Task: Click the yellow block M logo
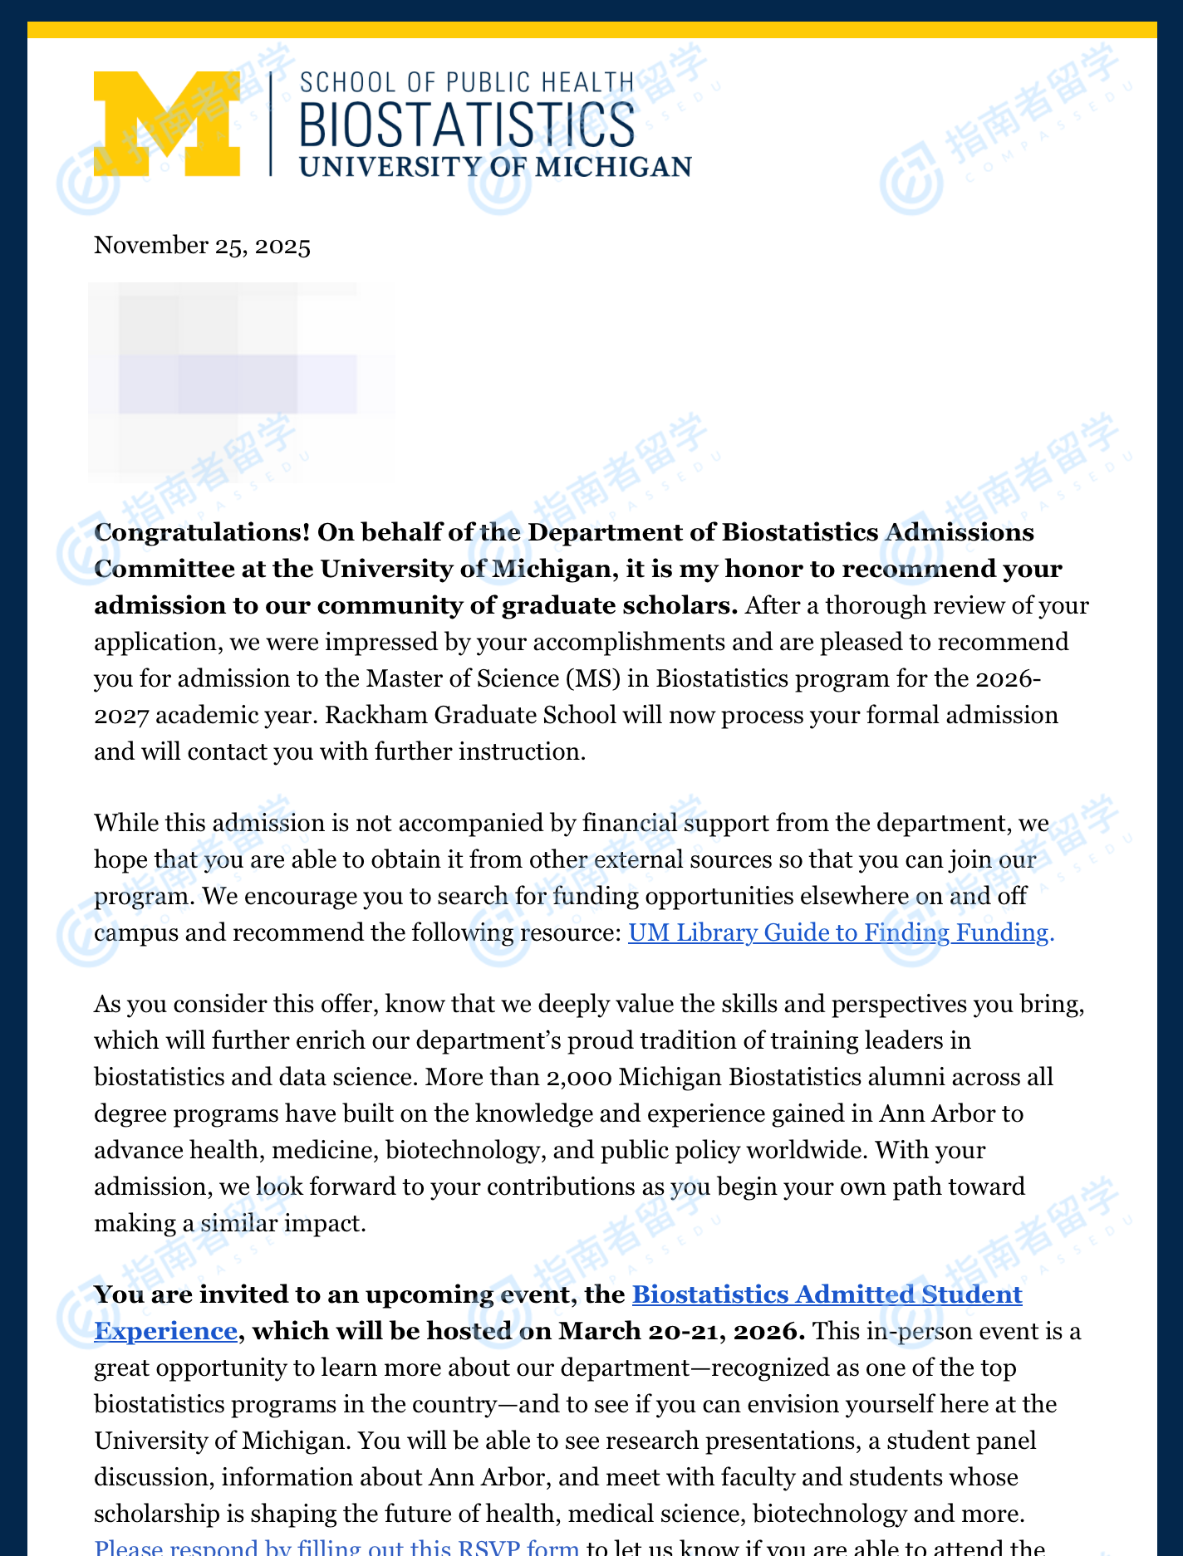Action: [x=167, y=123]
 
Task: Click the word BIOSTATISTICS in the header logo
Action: [x=466, y=125]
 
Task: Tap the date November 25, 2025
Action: [x=202, y=246]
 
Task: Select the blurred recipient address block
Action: [x=241, y=382]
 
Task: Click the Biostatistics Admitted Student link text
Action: [x=827, y=1294]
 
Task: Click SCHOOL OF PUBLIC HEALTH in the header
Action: [x=466, y=83]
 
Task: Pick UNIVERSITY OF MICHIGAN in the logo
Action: [x=495, y=166]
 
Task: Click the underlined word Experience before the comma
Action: [x=165, y=1331]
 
